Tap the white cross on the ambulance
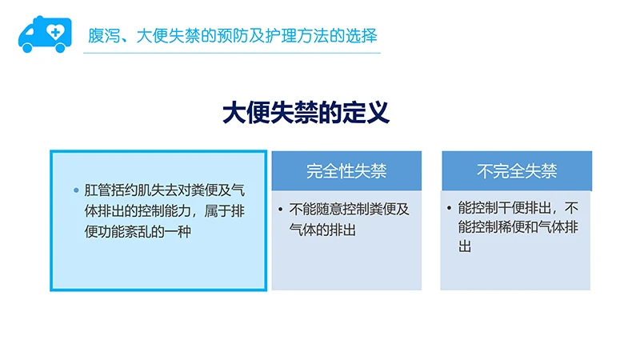click(x=54, y=32)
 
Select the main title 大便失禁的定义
click(x=306, y=113)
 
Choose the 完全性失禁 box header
click(x=346, y=170)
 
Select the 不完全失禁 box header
click(x=516, y=170)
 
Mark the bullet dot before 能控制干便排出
click(x=450, y=208)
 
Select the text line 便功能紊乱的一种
click(x=139, y=231)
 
